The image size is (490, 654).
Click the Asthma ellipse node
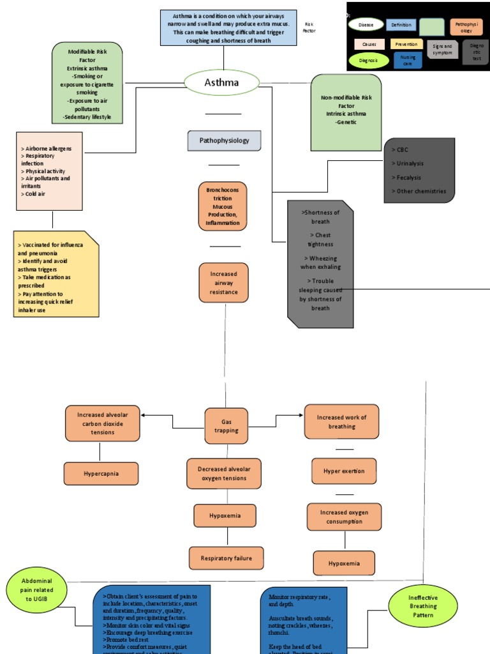click(x=221, y=82)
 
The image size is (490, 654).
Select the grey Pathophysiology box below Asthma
click(x=224, y=141)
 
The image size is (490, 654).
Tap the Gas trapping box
click(x=226, y=426)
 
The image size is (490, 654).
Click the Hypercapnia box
click(x=101, y=474)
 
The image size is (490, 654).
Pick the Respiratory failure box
click(x=226, y=558)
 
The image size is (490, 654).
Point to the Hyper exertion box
click(x=344, y=471)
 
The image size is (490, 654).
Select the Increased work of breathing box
click(x=341, y=422)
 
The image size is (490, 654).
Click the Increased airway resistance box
click(x=223, y=283)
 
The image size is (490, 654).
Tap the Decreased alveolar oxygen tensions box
click(x=224, y=474)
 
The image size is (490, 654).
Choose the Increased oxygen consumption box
click(x=343, y=517)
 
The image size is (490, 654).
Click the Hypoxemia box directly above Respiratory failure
click(x=225, y=515)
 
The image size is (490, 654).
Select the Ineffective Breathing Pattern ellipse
click(x=423, y=606)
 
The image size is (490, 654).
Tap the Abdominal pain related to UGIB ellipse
click(x=36, y=589)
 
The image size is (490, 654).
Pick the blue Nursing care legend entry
click(x=408, y=61)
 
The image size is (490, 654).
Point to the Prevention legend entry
click(x=406, y=44)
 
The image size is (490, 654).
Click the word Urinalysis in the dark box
click(x=409, y=163)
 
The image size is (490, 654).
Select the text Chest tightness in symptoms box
click(x=320, y=240)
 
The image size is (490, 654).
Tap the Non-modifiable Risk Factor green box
click(x=346, y=112)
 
